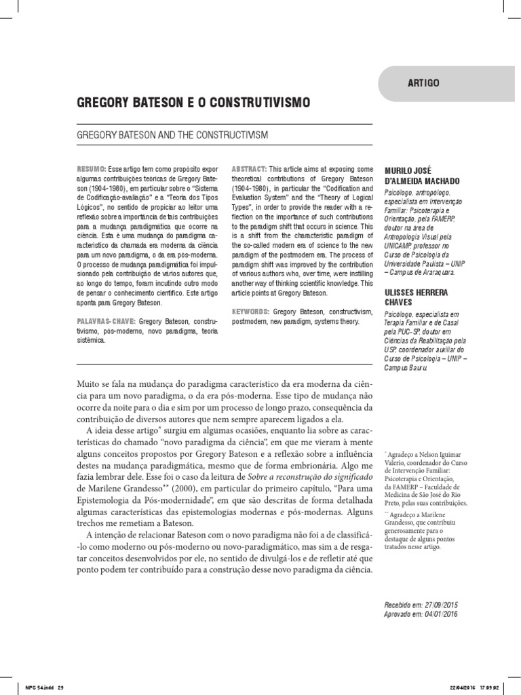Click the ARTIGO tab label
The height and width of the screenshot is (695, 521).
tap(423, 83)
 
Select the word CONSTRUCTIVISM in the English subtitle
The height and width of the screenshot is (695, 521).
tap(235, 134)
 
